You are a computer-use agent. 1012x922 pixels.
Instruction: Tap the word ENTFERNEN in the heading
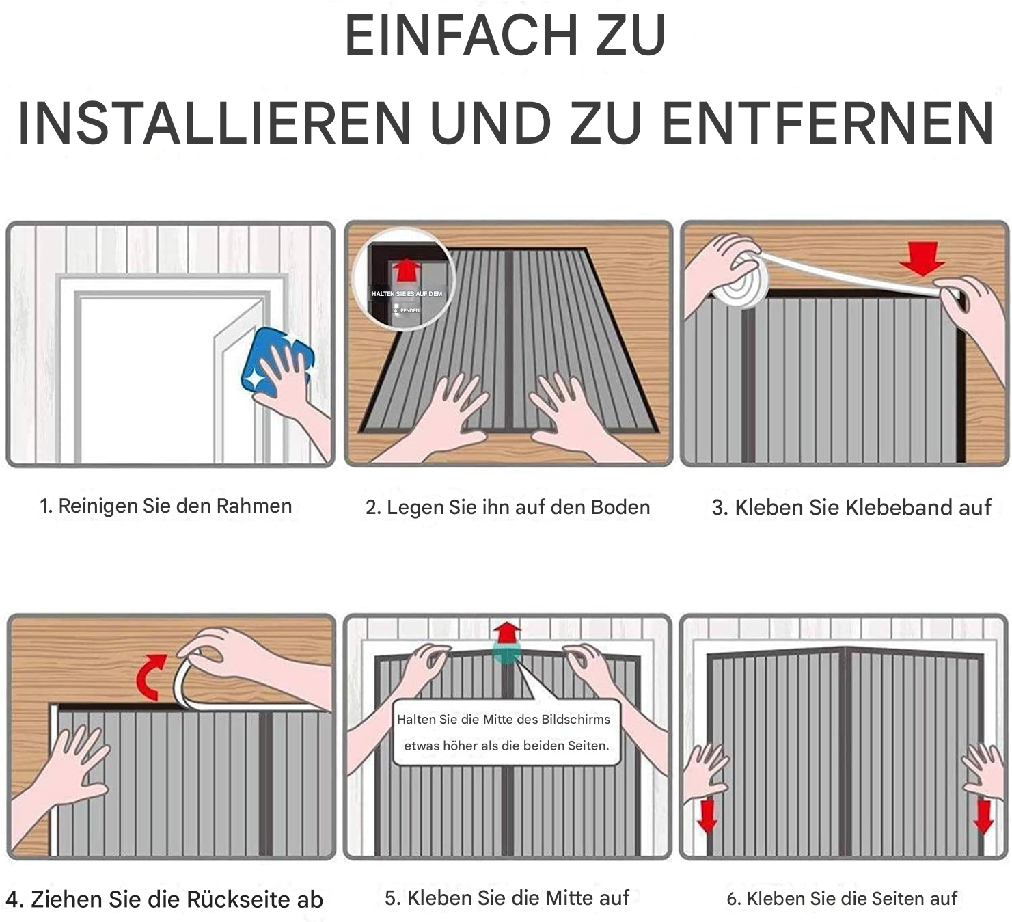click(x=828, y=124)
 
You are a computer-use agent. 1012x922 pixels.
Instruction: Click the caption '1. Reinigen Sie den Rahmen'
click(x=165, y=506)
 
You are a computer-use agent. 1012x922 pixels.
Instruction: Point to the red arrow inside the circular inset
click(x=406, y=269)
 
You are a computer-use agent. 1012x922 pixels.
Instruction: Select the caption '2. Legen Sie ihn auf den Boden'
click(x=507, y=507)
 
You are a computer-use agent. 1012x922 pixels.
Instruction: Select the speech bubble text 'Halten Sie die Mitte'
click(x=504, y=720)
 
